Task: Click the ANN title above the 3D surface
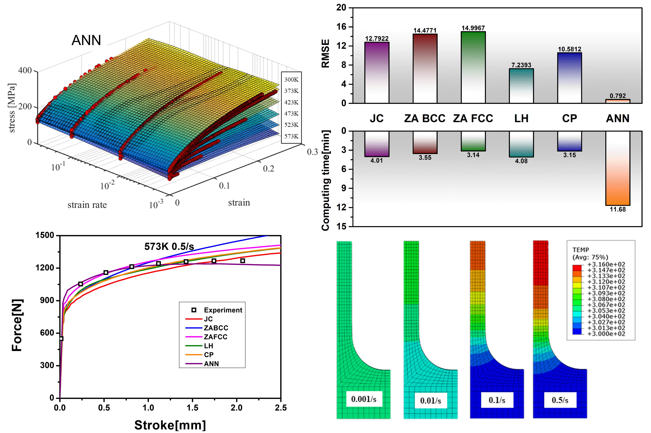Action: [86, 40]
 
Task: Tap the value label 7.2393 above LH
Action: [521, 65]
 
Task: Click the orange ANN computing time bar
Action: [617, 168]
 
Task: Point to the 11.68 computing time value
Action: [617, 209]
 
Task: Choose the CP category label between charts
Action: [569, 119]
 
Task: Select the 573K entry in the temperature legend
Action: [291, 136]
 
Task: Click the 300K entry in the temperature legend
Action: [291, 80]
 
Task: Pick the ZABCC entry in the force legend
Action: [216, 328]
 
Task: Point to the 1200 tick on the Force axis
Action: [45, 268]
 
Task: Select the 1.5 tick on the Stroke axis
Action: [192, 408]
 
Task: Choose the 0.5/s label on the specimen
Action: [560, 400]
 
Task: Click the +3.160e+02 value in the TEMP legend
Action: [606, 264]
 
